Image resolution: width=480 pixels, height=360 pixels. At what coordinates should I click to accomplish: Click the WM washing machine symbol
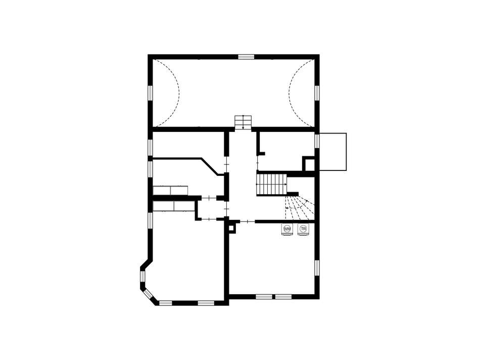pyautogui.click(x=287, y=230)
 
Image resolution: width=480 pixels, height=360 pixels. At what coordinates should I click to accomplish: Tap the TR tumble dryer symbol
pyautogui.click(x=303, y=230)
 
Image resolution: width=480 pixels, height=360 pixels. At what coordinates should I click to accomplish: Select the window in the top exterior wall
pyautogui.click(x=247, y=57)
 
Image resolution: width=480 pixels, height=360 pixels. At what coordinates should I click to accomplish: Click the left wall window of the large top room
pyautogui.click(x=150, y=93)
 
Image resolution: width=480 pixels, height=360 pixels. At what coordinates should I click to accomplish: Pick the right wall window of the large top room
pyautogui.click(x=317, y=93)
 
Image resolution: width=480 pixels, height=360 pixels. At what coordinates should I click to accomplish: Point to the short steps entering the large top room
pyautogui.click(x=243, y=122)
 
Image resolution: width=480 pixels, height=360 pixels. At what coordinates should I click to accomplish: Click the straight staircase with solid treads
pyautogui.click(x=271, y=184)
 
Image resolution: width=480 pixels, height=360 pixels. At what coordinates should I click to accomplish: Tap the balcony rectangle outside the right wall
pyautogui.click(x=333, y=152)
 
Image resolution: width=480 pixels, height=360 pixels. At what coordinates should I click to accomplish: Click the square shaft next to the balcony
pyautogui.click(x=309, y=164)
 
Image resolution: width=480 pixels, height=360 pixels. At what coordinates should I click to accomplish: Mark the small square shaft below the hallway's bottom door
pyautogui.click(x=232, y=228)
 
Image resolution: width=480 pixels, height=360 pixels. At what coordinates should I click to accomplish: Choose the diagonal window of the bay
pyautogui.click(x=148, y=294)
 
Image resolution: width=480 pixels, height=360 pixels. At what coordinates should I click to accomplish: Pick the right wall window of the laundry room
pyautogui.click(x=317, y=268)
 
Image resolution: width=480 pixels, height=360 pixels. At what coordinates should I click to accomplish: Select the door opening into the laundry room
pyautogui.click(x=248, y=221)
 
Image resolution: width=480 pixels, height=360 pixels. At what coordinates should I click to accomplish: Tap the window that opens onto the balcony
pyautogui.click(x=317, y=141)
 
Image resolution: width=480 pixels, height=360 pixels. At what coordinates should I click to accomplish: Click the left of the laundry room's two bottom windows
pyautogui.click(x=264, y=297)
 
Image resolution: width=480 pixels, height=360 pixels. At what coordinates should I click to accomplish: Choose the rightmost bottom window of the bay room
pyautogui.click(x=206, y=303)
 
